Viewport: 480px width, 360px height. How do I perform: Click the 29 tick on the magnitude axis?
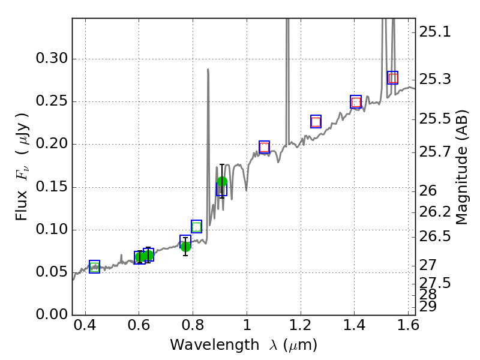430,307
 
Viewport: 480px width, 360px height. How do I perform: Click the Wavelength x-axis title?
244,345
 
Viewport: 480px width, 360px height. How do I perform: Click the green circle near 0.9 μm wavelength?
222,182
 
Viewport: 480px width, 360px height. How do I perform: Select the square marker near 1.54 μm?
393,78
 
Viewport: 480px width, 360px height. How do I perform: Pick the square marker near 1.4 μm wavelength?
356,102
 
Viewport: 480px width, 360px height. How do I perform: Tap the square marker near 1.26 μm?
316,121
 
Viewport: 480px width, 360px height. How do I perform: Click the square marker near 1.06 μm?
264,147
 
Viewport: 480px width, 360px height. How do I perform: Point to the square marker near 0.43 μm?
94,267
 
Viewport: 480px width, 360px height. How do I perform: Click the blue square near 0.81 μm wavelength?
196,227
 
